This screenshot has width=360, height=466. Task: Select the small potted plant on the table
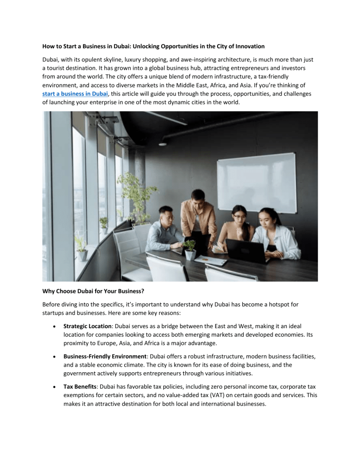(x=190, y=250)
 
